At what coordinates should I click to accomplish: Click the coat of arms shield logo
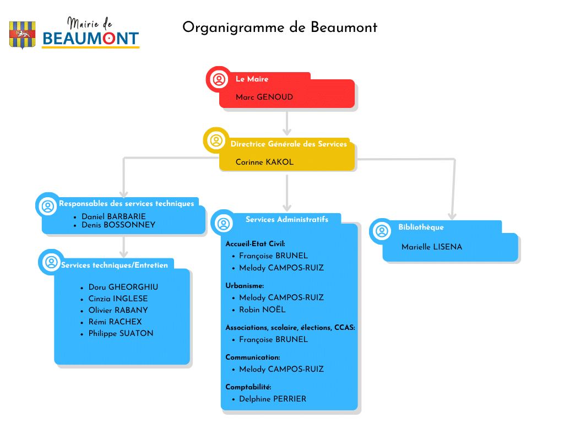[x=23, y=35]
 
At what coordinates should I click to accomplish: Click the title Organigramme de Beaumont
[x=280, y=27]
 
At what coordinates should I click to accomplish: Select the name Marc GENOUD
[x=264, y=97]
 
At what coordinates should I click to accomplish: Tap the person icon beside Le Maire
[x=219, y=79]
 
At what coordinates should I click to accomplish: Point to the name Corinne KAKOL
[x=264, y=162]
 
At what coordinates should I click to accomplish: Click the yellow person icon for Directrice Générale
[x=216, y=140]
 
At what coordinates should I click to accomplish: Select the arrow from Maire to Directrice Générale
[x=286, y=123]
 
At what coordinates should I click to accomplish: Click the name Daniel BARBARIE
[x=113, y=216]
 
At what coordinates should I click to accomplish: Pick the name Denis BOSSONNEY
[x=118, y=225]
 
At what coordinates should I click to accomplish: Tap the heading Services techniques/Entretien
[x=115, y=265]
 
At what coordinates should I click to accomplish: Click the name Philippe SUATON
[x=121, y=333]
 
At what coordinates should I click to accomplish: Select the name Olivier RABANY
[x=118, y=310]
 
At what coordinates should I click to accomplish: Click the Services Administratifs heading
[x=287, y=219]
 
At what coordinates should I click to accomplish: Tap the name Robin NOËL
[x=262, y=310]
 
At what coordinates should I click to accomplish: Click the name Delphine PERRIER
[x=272, y=399]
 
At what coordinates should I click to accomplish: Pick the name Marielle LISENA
[x=432, y=247]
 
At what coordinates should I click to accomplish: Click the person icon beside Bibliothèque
[x=381, y=231]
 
